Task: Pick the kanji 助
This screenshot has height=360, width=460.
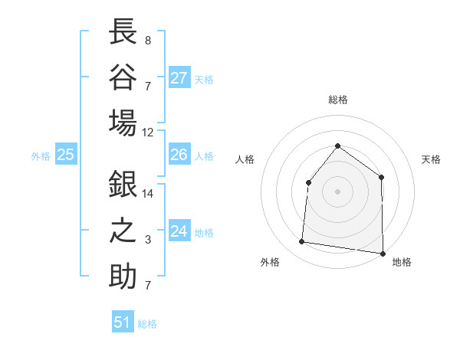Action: [123, 276]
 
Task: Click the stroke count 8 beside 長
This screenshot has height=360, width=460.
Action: [147, 41]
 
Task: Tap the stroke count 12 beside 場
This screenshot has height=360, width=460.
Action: [147, 132]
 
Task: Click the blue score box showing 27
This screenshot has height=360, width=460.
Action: [179, 78]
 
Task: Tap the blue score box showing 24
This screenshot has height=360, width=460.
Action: [179, 231]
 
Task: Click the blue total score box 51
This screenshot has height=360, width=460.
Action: [123, 322]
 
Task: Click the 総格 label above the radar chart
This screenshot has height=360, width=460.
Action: [337, 100]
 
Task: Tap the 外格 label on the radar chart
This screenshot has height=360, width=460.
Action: [270, 263]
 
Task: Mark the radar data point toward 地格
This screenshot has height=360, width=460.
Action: [382, 253]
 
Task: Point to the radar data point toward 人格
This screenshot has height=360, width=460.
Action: [308, 182]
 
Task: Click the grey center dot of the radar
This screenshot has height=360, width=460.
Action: [337, 191]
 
